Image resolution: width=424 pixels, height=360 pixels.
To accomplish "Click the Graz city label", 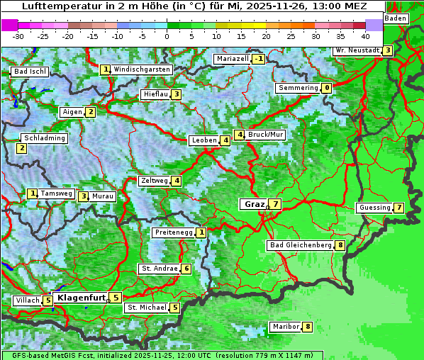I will (253, 204).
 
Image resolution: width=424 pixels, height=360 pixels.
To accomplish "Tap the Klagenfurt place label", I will (81, 298).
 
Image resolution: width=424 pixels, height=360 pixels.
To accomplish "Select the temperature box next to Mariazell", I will (258, 59).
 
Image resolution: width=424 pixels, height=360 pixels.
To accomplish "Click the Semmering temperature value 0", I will (326, 88).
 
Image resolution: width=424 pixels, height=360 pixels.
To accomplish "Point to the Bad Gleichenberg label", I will (300, 245).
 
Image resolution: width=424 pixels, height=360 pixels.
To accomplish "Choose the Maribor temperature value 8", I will (307, 327).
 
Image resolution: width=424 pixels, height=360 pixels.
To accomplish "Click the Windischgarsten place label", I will (142, 69).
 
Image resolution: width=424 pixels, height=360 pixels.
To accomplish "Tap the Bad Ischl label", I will (30, 72).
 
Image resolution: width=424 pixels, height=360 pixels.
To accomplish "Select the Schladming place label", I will (45, 138).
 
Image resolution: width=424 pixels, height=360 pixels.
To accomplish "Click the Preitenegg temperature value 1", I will (202, 232).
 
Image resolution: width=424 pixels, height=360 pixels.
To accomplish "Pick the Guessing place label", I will (374, 208).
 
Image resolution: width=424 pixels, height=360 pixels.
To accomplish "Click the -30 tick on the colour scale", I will (18, 36).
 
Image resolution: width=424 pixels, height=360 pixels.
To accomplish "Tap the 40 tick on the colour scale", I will (365, 36).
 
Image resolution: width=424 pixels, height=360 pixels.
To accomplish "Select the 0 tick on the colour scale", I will (167, 36).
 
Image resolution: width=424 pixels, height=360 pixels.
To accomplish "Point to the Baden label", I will (396, 18).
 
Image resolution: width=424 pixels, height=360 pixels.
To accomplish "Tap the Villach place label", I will (28, 300).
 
